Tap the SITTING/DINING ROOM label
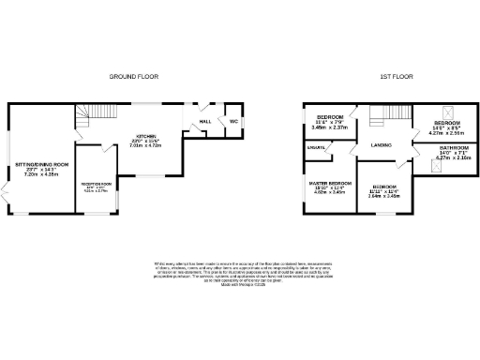(x=41, y=165)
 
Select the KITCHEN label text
(x=144, y=136)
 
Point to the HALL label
(x=203, y=121)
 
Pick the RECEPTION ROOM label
(x=96, y=185)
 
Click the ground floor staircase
(x=87, y=116)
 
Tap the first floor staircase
(x=380, y=115)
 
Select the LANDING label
(x=381, y=144)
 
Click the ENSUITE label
(x=316, y=148)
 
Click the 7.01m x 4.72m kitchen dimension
(x=144, y=146)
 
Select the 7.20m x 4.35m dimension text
(x=41, y=175)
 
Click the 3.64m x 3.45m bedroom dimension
(x=383, y=196)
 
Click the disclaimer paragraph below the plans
(x=240, y=273)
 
